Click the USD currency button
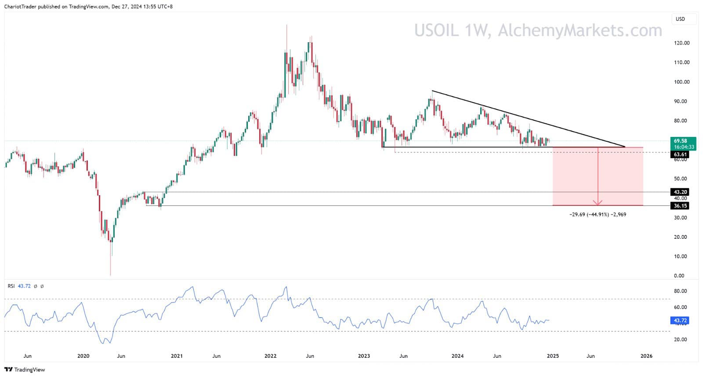[x=680, y=19]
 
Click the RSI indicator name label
[x=11, y=286]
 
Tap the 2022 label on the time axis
[x=271, y=356]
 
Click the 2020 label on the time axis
[x=83, y=356]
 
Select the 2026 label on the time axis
[x=646, y=356]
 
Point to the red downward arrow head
[x=598, y=203]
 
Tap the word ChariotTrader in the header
[x=20, y=7]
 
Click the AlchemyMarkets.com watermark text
[x=580, y=30]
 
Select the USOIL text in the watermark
[x=436, y=30]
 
